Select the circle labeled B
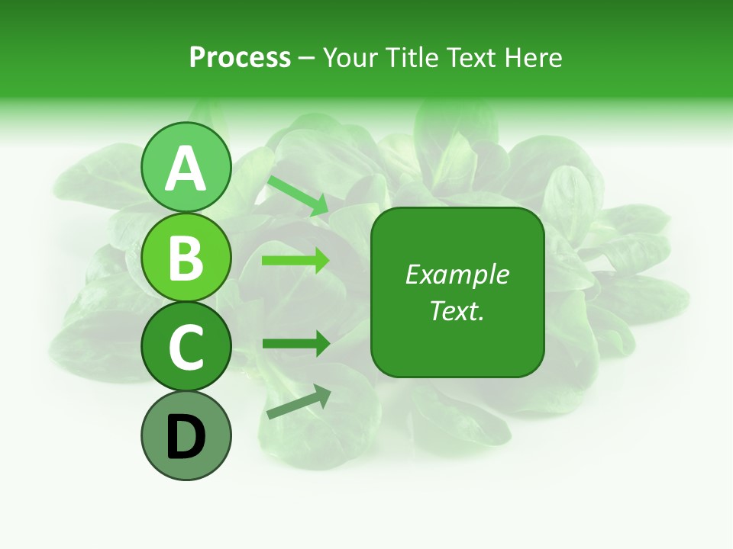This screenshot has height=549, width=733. click(x=186, y=258)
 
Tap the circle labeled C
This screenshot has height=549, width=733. click(x=186, y=347)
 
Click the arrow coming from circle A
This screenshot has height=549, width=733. click(x=298, y=194)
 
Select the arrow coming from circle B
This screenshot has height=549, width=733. click(x=295, y=261)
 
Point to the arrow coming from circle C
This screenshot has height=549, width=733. click(x=295, y=344)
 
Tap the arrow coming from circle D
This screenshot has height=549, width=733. click(x=299, y=402)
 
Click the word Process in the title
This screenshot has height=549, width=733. click(x=240, y=57)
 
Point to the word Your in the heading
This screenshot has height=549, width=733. click(x=351, y=57)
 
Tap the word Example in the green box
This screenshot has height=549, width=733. click(x=457, y=274)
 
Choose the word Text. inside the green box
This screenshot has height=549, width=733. click(x=457, y=310)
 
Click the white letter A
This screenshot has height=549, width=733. click(x=186, y=169)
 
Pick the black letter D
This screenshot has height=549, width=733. click(x=186, y=438)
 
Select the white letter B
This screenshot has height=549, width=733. click(x=186, y=258)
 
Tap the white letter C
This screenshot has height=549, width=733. click(x=186, y=347)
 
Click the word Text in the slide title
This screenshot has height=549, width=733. click(x=468, y=57)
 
